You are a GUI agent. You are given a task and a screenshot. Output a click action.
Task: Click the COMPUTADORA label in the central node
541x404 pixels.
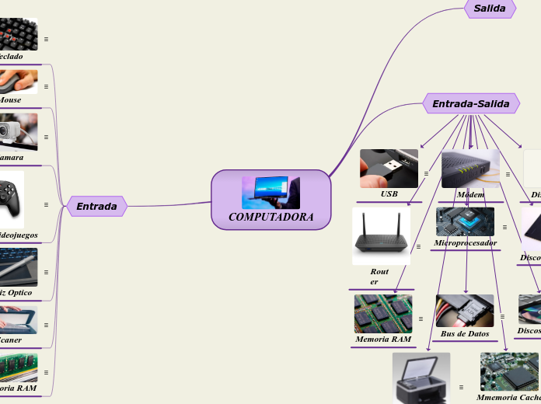[x=271, y=217]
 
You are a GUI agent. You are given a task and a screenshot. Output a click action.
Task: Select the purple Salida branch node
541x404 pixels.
[x=490, y=9]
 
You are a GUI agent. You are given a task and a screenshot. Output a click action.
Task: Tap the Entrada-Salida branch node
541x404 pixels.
[x=470, y=103]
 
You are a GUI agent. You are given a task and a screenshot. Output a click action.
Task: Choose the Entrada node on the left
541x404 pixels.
[x=96, y=206]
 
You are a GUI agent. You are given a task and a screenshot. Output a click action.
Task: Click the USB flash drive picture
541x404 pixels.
[x=389, y=169]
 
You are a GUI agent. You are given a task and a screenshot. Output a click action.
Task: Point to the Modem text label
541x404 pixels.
[x=470, y=193]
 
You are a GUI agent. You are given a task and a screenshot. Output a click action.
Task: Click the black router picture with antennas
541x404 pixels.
[x=381, y=235]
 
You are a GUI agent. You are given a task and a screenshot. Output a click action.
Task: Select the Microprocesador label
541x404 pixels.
[x=465, y=243]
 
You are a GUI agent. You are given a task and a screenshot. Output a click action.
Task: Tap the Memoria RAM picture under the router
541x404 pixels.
[x=383, y=313]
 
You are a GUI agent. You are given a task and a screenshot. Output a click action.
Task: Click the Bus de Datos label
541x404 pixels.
[x=465, y=334]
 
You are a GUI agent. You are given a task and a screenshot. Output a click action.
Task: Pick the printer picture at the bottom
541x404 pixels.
[x=421, y=378]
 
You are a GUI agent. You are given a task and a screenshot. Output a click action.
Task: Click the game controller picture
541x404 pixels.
[x=12, y=200]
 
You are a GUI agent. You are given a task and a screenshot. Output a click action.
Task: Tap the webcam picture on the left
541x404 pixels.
[x=18, y=131]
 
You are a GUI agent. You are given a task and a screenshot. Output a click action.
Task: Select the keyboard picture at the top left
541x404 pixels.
[x=18, y=33]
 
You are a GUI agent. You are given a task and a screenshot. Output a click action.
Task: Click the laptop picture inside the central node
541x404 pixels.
[x=270, y=192]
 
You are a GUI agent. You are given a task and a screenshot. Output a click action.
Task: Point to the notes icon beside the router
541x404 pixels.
[x=419, y=246]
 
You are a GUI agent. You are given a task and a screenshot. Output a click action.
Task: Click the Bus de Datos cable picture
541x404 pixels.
[x=465, y=311]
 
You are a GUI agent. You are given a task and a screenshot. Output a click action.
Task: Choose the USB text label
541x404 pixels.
[x=389, y=193]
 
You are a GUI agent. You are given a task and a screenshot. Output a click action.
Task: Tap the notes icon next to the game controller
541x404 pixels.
[x=47, y=204]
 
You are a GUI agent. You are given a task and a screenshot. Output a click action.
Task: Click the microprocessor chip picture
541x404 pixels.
[x=465, y=221]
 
